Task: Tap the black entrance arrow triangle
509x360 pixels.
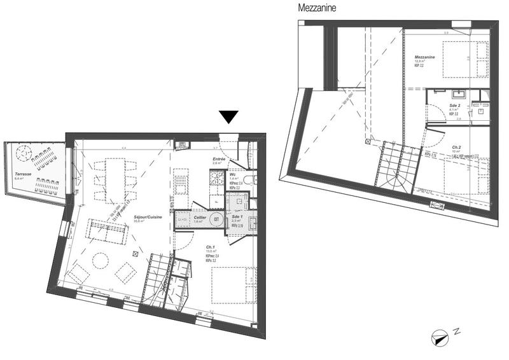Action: click(x=228, y=117)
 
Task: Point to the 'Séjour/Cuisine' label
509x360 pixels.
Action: click(x=148, y=218)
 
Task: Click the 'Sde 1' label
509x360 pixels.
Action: click(x=236, y=217)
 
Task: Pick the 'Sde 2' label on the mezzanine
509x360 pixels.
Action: click(x=454, y=105)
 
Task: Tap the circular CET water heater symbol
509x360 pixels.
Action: click(x=216, y=220)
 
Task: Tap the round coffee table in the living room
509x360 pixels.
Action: click(x=100, y=260)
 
